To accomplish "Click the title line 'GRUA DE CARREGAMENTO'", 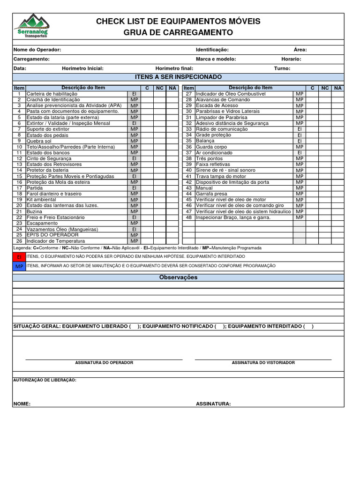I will (x=178, y=32).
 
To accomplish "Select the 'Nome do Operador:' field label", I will (x=37, y=50).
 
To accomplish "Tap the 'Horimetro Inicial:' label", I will (x=82, y=68).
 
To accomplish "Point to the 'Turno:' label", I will (x=282, y=68).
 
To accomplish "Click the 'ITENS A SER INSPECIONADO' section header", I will (x=178, y=77).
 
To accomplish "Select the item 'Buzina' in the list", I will (x=34, y=211).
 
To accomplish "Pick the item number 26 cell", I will (x=19, y=241).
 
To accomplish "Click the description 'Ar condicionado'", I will (x=214, y=153).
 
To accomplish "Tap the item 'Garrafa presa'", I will (x=211, y=194).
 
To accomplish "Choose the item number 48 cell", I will (x=189, y=217).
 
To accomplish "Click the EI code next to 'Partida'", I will (x=134, y=188).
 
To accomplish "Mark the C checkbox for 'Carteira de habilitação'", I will (x=147, y=94).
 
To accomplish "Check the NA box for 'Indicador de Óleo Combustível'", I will (x=337, y=94).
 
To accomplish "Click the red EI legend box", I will (x=19, y=257).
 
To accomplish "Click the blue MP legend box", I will (x=19, y=266).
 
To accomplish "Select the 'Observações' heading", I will (x=178, y=277).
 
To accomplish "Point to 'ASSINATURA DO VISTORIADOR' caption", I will (x=263, y=363).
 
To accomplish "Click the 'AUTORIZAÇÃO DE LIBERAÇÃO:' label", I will (x=45, y=380).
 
